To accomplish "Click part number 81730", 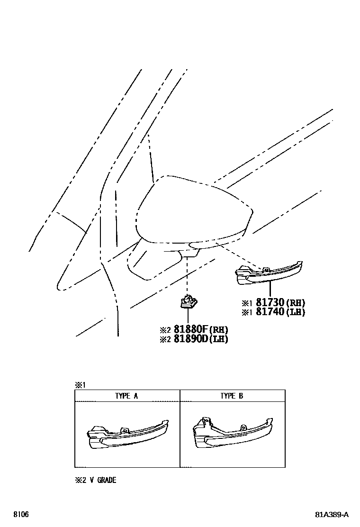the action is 270,303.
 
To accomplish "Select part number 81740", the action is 270,312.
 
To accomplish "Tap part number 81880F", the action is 191,330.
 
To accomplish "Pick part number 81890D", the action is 191,339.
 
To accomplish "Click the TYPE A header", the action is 126,396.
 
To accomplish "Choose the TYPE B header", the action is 232,396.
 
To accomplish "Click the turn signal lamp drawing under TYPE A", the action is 127,434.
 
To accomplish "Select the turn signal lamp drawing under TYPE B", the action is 233,433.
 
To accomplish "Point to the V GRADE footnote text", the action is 106,480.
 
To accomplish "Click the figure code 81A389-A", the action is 332,515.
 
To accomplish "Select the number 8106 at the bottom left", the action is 20,515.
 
